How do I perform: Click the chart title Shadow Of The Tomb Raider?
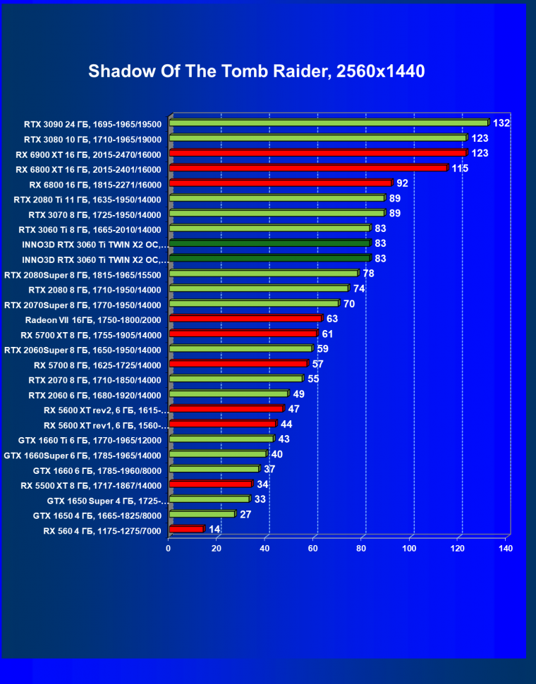pyautogui.click(x=256, y=72)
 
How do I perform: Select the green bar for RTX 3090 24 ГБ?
pyautogui.click(x=329, y=123)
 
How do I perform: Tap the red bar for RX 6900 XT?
pyautogui.click(x=317, y=152)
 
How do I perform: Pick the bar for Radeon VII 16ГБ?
pyautogui.click(x=245, y=318)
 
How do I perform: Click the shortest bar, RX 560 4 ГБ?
pyautogui.click(x=186, y=528)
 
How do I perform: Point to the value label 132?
pyautogui.click(x=501, y=123)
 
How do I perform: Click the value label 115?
pyautogui.click(x=460, y=168)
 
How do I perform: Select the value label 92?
pyautogui.click(x=402, y=183)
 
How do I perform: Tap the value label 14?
pyautogui.click(x=214, y=529)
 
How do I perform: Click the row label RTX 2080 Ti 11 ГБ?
pyautogui.click(x=87, y=200)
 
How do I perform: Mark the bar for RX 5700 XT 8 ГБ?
pyautogui.click(x=243, y=333)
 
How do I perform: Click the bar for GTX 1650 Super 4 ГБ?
pyautogui.click(x=209, y=499)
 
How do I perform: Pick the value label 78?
pyautogui.click(x=368, y=273)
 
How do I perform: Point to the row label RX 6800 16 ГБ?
pyautogui.click(x=95, y=184)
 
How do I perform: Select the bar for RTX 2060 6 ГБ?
pyautogui.click(x=229, y=393)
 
